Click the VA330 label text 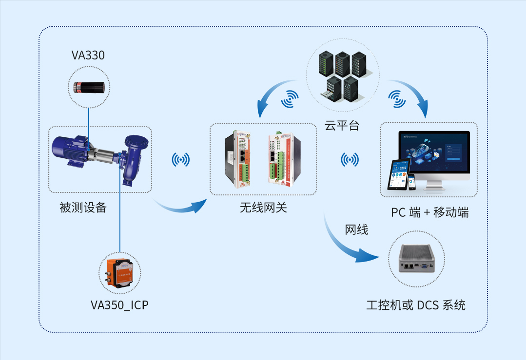(x=88, y=55)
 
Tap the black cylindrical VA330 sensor (x=89, y=87)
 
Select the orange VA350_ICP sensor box (x=119, y=273)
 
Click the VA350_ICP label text (x=119, y=305)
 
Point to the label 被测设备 (x=83, y=208)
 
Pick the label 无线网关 (x=263, y=208)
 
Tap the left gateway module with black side (x=237, y=159)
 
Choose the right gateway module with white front (x=284, y=159)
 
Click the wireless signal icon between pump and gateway (x=181, y=160)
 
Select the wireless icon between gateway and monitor (x=350, y=160)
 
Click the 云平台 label (x=342, y=125)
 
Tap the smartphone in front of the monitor (x=411, y=181)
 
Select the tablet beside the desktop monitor (x=398, y=174)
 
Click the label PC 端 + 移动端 (x=430, y=212)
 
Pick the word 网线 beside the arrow (x=356, y=229)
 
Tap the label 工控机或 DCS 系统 (x=416, y=305)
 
